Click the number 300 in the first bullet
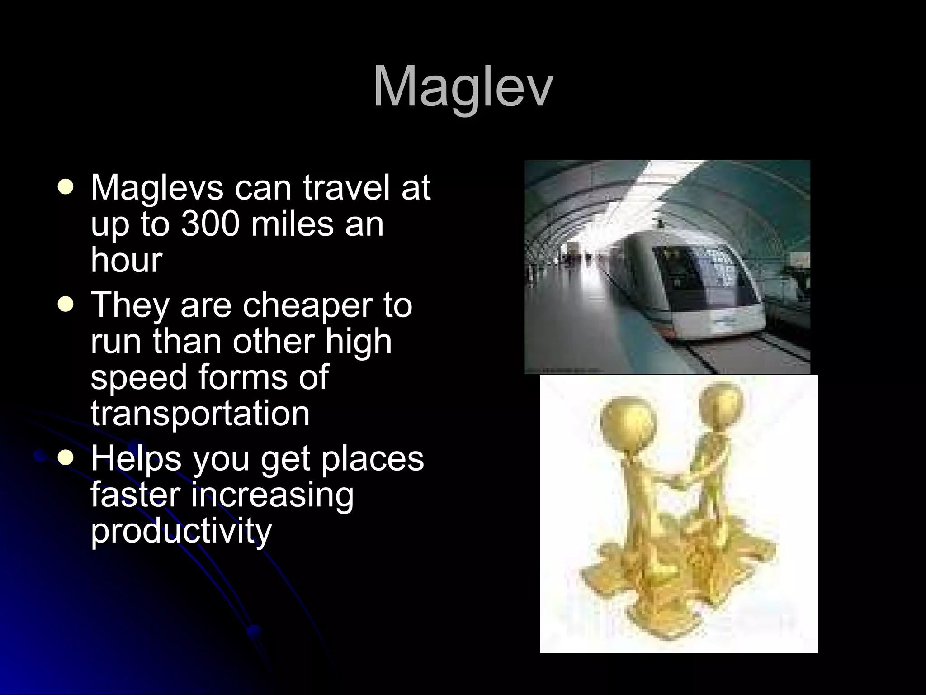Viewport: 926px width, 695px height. coord(209,224)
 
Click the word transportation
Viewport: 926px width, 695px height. coord(200,413)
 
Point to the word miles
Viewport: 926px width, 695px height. coord(293,224)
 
